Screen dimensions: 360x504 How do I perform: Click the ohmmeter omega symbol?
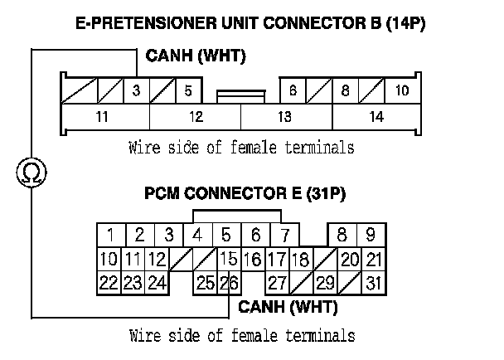point(31,173)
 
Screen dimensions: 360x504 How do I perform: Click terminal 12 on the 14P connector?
point(196,117)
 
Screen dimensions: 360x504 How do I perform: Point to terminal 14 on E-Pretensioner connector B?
point(376,117)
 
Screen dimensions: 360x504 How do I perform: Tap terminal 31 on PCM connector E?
point(374,283)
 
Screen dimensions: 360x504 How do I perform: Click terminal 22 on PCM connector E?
point(109,283)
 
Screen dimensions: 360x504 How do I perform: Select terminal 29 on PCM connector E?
point(324,283)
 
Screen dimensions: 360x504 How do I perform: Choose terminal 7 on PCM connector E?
point(284,236)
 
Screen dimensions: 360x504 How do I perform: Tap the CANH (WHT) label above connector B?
point(196,56)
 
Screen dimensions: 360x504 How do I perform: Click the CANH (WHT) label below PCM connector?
point(288,307)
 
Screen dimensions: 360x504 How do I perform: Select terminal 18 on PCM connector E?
point(301,259)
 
